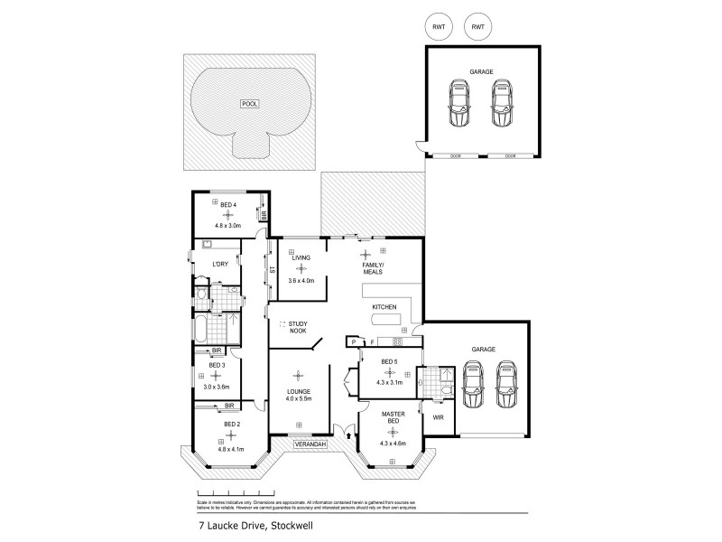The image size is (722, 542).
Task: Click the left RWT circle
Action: (x=439, y=27)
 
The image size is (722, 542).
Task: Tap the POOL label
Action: (x=249, y=105)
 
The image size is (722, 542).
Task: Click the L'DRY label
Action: (x=219, y=263)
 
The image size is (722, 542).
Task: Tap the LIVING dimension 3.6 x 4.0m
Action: (x=300, y=280)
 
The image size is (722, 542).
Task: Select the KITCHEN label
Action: (x=384, y=309)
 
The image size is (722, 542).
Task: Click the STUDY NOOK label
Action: (x=299, y=327)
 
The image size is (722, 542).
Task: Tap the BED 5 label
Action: (x=389, y=362)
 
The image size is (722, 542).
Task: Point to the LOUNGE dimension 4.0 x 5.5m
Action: (x=299, y=399)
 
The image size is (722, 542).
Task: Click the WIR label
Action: (x=438, y=418)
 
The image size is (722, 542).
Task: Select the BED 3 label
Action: (x=217, y=365)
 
